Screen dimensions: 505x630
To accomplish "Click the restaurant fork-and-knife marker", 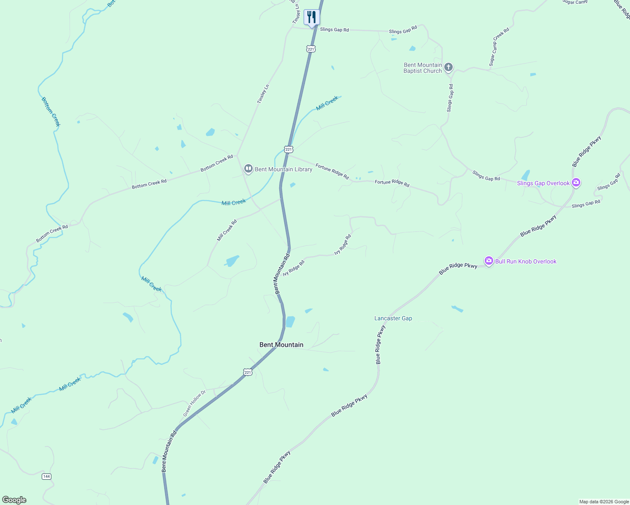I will (x=312, y=17).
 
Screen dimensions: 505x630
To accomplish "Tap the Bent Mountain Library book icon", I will (x=248, y=169).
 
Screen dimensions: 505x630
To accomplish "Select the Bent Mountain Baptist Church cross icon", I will (x=449, y=67).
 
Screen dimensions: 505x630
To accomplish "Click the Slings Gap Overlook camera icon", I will (x=577, y=183).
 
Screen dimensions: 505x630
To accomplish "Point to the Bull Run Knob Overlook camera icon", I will (x=489, y=261).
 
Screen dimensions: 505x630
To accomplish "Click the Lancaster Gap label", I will (x=393, y=319).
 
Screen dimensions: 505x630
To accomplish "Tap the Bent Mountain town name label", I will (x=281, y=345).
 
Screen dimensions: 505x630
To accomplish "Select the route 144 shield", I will (x=46, y=476).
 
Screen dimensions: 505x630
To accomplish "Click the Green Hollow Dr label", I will (x=194, y=404).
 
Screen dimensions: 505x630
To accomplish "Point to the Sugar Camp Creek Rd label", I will (x=499, y=47).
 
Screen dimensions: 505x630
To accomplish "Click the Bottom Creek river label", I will (x=51, y=112).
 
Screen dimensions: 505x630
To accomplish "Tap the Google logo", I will (x=14, y=500).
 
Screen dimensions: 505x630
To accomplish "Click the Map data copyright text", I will (x=604, y=502).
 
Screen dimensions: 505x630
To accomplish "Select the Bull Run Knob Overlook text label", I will (x=526, y=261).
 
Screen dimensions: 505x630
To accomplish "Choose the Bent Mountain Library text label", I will (x=283, y=169).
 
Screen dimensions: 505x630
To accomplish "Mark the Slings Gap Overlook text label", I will (x=543, y=183).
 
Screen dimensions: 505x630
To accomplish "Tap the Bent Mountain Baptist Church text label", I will (x=423, y=68).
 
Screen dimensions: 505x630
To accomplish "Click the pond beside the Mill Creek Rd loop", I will (x=232, y=261).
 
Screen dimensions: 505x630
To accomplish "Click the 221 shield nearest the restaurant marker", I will (x=311, y=49).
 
